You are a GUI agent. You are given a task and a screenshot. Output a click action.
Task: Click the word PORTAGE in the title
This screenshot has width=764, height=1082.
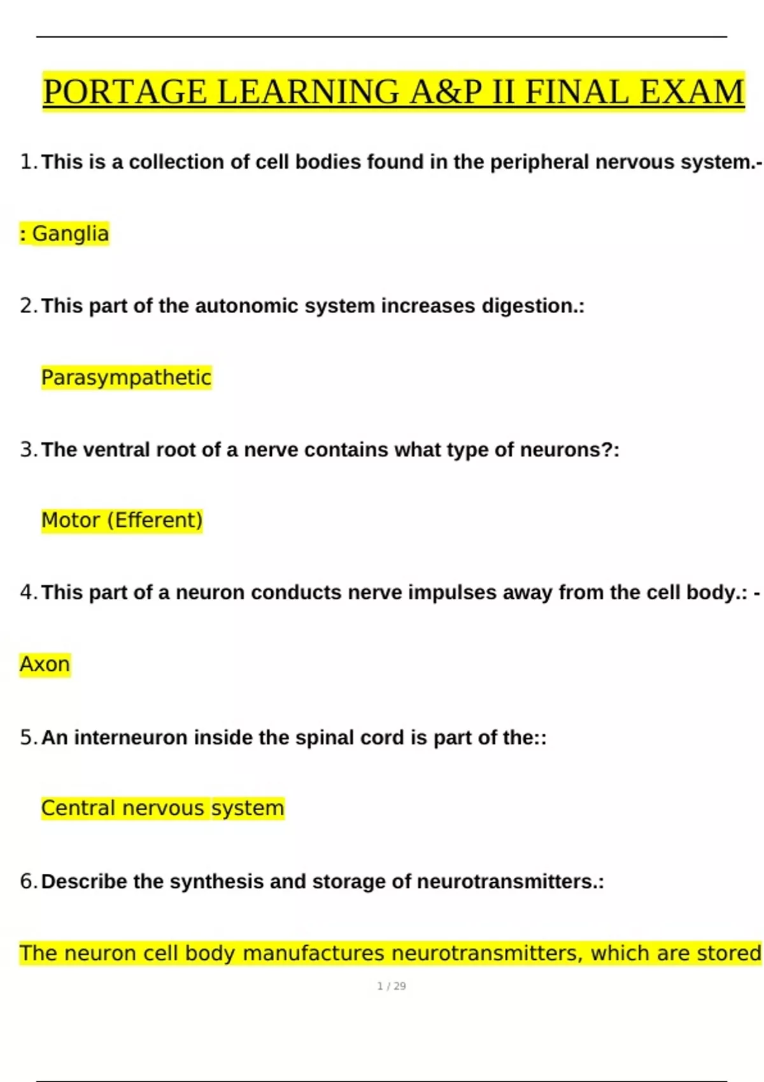pos(125,92)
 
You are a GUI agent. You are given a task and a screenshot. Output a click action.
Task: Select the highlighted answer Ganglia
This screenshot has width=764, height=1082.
pos(70,234)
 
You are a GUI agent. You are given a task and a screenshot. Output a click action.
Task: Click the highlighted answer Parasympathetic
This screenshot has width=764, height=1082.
pos(126,377)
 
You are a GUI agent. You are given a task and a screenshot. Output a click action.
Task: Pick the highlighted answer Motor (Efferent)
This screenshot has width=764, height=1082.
pos(122,520)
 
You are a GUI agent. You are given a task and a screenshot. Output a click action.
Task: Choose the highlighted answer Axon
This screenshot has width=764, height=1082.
pos(45,664)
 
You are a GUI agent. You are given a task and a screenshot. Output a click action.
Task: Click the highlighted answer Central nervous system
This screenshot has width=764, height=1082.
pos(162,808)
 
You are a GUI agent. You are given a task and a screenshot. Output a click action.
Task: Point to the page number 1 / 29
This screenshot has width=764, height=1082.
pos(392,986)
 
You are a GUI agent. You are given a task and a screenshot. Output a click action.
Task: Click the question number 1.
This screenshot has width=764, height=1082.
pos(26,162)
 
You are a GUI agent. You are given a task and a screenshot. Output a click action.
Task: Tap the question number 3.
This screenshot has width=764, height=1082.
pos(26,449)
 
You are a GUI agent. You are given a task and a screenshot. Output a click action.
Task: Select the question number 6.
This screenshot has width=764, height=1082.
pos(26,881)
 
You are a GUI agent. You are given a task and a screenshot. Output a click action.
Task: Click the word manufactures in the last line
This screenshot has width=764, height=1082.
pos(314,953)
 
